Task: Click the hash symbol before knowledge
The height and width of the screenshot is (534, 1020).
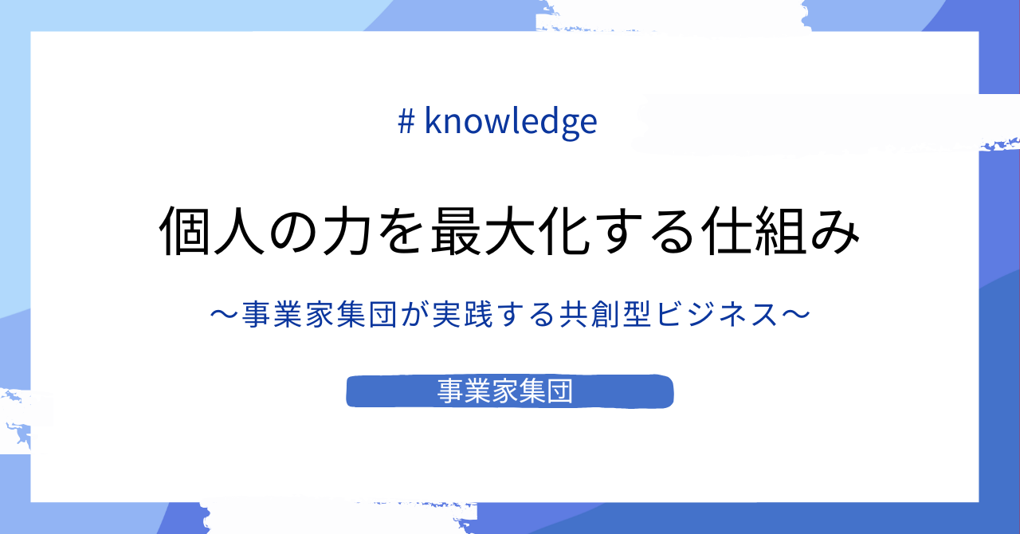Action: pyautogui.click(x=406, y=122)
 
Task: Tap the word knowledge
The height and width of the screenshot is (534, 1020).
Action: pyautogui.click(x=511, y=122)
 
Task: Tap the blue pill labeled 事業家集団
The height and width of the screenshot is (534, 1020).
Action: pyautogui.click(x=510, y=391)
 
